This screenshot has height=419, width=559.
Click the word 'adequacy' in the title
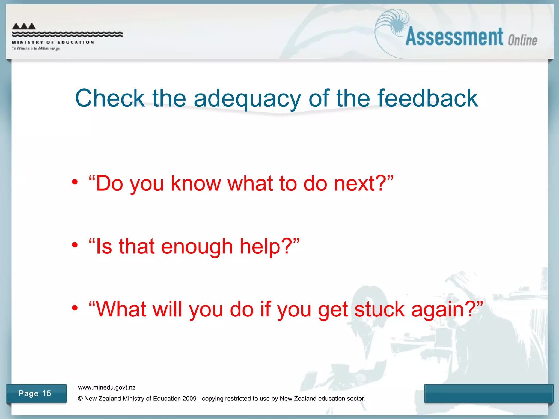click(x=247, y=99)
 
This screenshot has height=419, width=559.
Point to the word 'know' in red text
click(x=195, y=183)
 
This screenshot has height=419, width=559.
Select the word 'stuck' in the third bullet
click(x=379, y=309)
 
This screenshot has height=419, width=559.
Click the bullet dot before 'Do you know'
click(x=75, y=182)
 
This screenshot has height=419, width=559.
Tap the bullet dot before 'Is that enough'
click(x=75, y=245)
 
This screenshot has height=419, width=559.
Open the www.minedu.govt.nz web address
click(x=107, y=387)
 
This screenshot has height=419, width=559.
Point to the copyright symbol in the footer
click(x=80, y=399)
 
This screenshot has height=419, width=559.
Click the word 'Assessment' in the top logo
click(x=454, y=37)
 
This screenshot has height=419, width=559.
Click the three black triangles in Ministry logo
click(x=24, y=26)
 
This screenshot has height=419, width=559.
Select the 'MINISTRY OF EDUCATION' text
click(x=53, y=42)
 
